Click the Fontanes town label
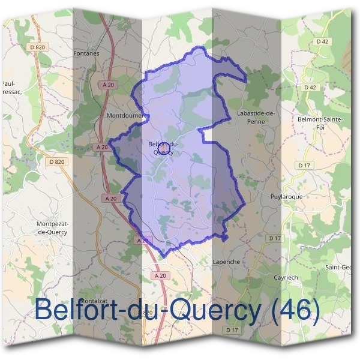(86, 53)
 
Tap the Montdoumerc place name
(123, 115)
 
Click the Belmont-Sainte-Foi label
(320, 122)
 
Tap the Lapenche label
(226, 262)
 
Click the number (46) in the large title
(293, 310)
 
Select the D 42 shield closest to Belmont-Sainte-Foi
(310, 88)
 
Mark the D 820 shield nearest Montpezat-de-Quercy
(57, 161)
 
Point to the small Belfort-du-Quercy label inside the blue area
(164, 148)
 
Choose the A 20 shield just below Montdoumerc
(101, 146)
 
